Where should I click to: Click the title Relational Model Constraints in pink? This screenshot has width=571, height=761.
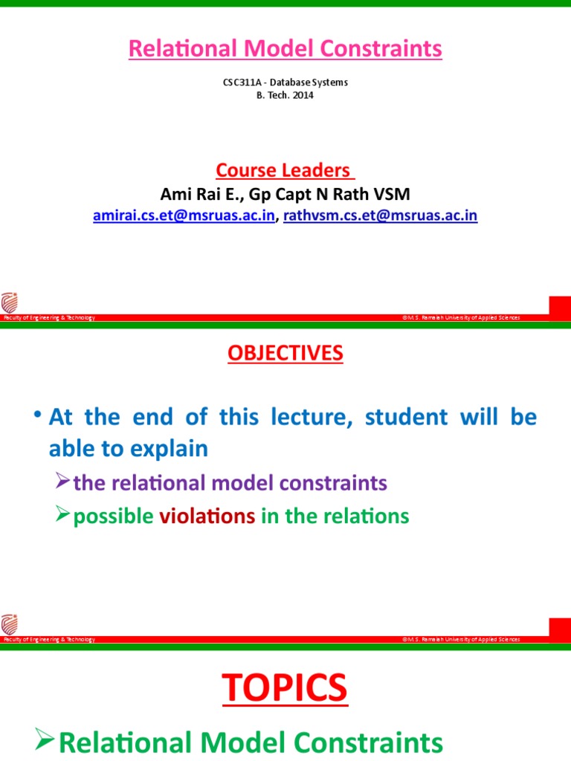coord(285,49)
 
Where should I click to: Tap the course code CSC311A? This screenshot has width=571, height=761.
coord(241,82)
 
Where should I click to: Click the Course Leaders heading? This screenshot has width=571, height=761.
coord(285,170)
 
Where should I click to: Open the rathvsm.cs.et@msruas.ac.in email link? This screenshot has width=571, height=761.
coord(381,216)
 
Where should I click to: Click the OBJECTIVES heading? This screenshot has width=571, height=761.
coord(285,354)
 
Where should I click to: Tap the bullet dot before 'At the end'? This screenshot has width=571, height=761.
coord(37,415)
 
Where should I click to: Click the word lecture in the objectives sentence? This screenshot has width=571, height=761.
coord(304,417)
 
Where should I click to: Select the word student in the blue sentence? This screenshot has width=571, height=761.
coord(406,417)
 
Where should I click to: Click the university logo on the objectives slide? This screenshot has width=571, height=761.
coord(10,625)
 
